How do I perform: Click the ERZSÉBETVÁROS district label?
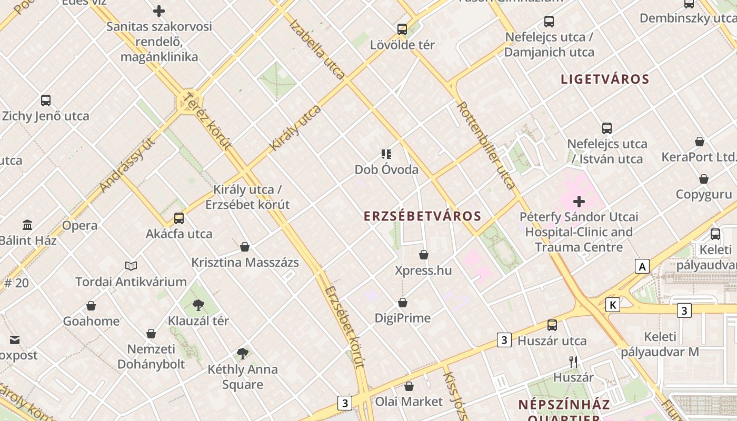423,216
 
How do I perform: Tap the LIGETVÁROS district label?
605,79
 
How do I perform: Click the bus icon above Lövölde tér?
402,29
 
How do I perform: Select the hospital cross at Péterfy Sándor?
579,202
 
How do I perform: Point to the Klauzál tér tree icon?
198,305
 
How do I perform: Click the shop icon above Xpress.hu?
424,255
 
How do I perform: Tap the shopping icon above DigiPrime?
403,303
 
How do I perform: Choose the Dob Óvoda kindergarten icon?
386,154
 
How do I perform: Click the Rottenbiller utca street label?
485,145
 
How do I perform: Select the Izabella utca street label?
317,49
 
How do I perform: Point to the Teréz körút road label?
207,121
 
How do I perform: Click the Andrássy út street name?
127,164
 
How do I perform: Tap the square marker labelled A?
642,267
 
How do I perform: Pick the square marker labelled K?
612,305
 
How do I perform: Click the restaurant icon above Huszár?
573,362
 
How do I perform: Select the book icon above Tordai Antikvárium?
131,266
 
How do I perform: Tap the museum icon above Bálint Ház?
27,225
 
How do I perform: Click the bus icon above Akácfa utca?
179,218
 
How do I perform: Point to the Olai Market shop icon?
409,387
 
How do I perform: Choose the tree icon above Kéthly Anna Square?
242,354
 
